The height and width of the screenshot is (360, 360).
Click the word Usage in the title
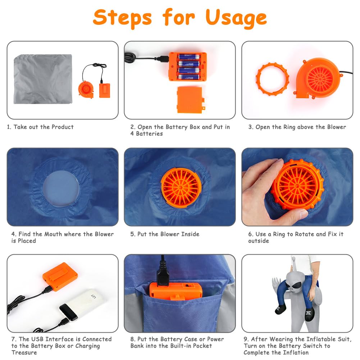pos(236,18)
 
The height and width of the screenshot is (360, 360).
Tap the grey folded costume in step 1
pos(43,79)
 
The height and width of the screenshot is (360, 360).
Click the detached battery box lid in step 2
pos(190,100)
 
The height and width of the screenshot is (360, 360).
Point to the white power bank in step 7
pos(83,305)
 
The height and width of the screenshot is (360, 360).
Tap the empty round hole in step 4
pos(61,188)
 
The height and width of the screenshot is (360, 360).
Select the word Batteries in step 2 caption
pos(150,134)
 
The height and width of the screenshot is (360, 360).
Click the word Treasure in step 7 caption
pos(24,352)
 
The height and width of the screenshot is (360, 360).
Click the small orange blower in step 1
pos(86,89)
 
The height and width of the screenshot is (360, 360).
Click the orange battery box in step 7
pos(60,277)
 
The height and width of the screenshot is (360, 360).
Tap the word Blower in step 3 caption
pos(336,127)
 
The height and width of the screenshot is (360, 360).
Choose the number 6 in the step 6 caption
pos(250,234)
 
